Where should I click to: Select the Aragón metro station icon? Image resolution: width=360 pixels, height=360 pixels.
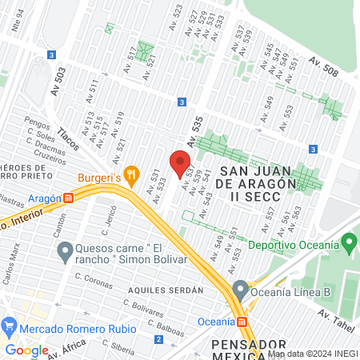(70, 198)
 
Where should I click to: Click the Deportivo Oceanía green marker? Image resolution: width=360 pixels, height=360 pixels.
(348, 241)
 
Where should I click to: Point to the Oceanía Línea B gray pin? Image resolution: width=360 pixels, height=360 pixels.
(239, 289)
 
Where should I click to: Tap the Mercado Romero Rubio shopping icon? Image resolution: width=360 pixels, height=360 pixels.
(10, 325)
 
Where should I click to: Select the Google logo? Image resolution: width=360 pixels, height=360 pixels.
(26, 350)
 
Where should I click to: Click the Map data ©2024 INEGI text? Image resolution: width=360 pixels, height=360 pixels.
(312, 354)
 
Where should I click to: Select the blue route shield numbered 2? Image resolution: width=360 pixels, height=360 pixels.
(158, 340)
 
